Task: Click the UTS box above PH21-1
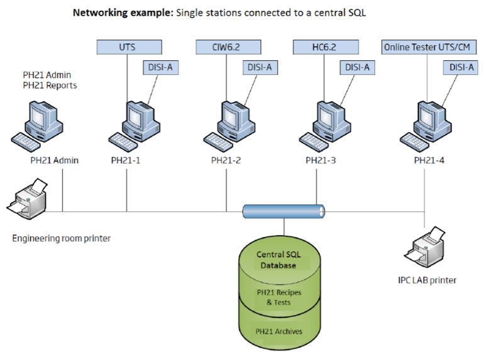tap(126, 46)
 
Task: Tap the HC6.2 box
tap(326, 46)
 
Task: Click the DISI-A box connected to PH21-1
tap(159, 67)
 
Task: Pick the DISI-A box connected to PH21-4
tap(460, 67)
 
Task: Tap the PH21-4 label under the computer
tap(430, 160)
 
